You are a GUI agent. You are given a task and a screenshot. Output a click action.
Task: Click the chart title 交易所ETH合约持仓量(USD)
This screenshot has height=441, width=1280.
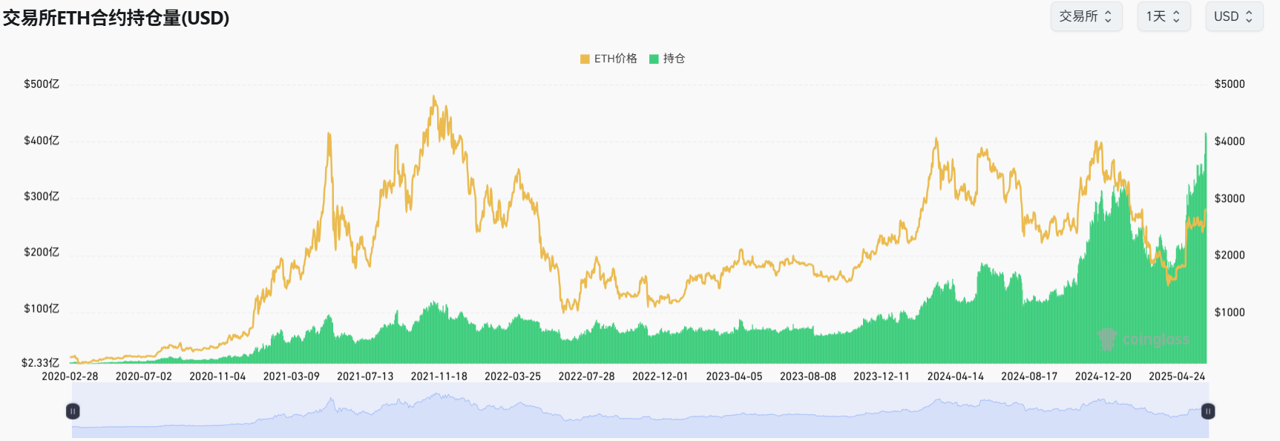click(116, 18)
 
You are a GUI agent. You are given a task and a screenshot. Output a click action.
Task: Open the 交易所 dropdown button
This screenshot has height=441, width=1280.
click(1086, 16)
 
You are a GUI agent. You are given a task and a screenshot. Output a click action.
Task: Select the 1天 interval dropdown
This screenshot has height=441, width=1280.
click(1163, 16)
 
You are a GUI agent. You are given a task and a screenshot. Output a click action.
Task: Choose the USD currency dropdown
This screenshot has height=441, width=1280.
click(1233, 16)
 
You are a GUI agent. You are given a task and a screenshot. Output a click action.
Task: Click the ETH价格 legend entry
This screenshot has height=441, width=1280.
click(608, 59)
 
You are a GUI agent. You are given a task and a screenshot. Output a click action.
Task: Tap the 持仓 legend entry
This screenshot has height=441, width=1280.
click(667, 59)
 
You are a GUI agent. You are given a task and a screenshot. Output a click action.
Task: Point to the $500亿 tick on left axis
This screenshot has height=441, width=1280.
click(42, 84)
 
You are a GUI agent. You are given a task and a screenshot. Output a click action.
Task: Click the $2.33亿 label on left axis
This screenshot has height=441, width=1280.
click(40, 362)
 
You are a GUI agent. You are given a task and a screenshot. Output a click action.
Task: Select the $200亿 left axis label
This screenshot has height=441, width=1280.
click(42, 252)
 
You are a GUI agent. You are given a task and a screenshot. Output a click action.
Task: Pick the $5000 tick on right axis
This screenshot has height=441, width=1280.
click(1230, 84)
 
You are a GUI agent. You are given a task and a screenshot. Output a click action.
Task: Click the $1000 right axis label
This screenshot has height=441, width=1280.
click(1230, 312)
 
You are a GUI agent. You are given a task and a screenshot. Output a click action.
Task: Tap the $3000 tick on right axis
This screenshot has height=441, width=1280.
click(1230, 198)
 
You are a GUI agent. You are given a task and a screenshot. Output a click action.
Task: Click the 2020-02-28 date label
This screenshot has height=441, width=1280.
click(70, 376)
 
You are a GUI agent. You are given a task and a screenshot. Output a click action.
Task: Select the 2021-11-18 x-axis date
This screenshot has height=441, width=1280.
click(439, 376)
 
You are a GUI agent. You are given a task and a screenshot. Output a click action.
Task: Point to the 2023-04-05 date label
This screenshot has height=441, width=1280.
click(734, 376)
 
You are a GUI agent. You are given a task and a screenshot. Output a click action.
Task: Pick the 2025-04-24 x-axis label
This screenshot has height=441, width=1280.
click(1177, 376)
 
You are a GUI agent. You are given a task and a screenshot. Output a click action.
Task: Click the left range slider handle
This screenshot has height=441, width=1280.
click(73, 411)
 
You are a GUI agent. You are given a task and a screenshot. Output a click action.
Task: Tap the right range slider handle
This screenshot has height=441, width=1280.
click(1208, 411)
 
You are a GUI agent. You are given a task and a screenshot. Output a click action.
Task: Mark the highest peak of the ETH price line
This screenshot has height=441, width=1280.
click(434, 97)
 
